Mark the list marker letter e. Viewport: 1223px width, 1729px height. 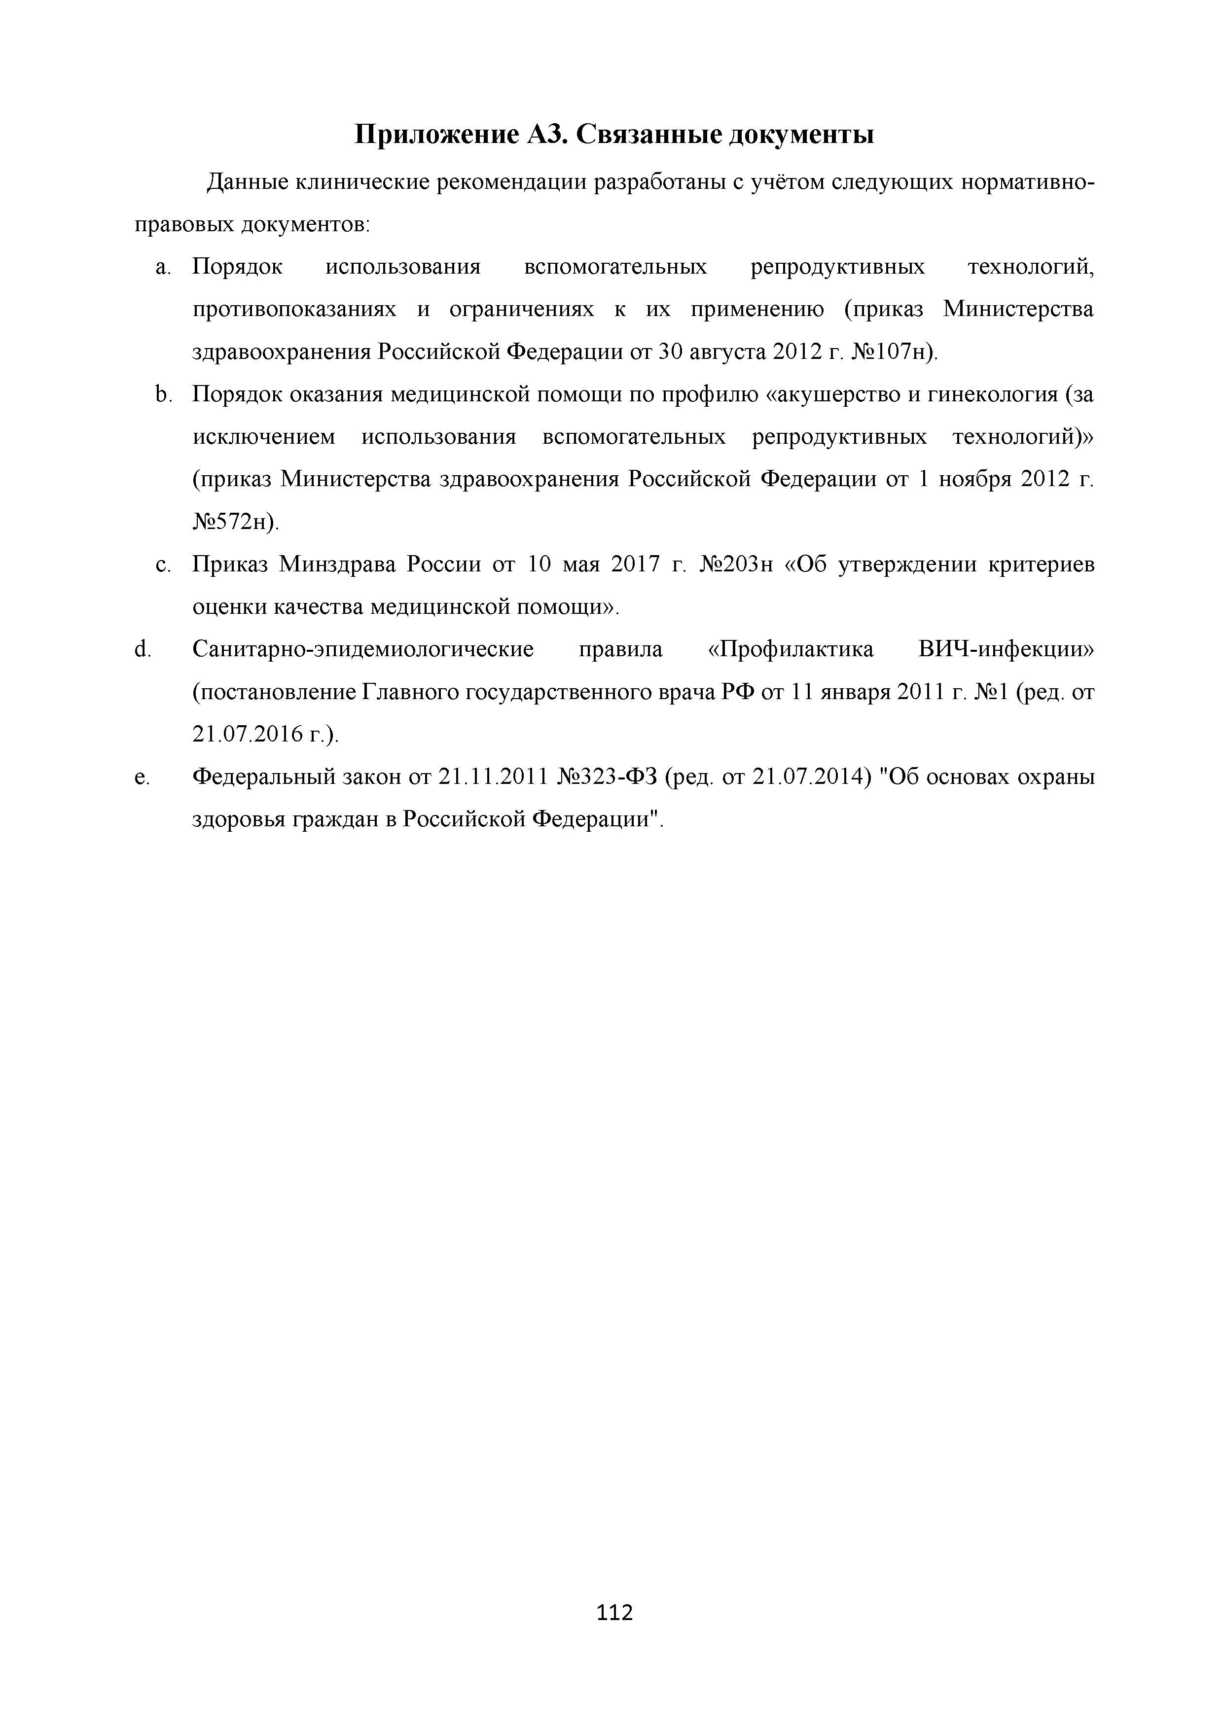141,777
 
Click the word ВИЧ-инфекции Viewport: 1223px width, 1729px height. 1006,649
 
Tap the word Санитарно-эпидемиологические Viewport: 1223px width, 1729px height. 363,649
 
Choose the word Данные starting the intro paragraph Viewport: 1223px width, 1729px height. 245,182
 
